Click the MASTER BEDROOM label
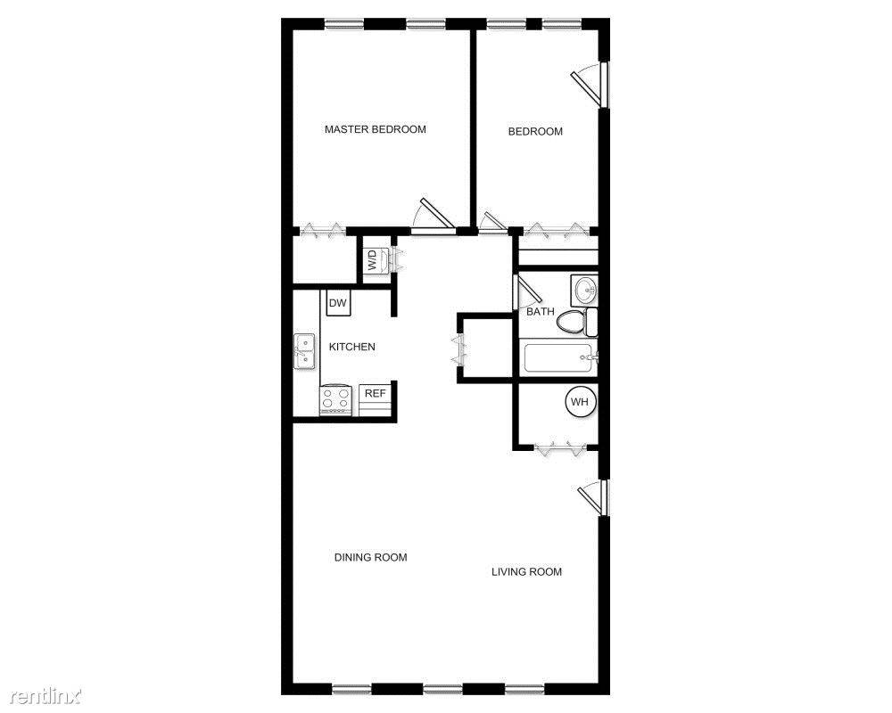[375, 129]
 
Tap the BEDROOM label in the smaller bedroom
[535, 132]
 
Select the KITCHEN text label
[352, 347]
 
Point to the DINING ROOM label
[370, 558]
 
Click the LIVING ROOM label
[526, 572]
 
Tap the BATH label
[540, 312]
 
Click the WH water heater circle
[580, 402]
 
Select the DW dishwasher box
[337, 304]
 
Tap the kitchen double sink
[304, 351]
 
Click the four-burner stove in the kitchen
[336, 399]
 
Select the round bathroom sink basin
[584, 289]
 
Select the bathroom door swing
[528, 293]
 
